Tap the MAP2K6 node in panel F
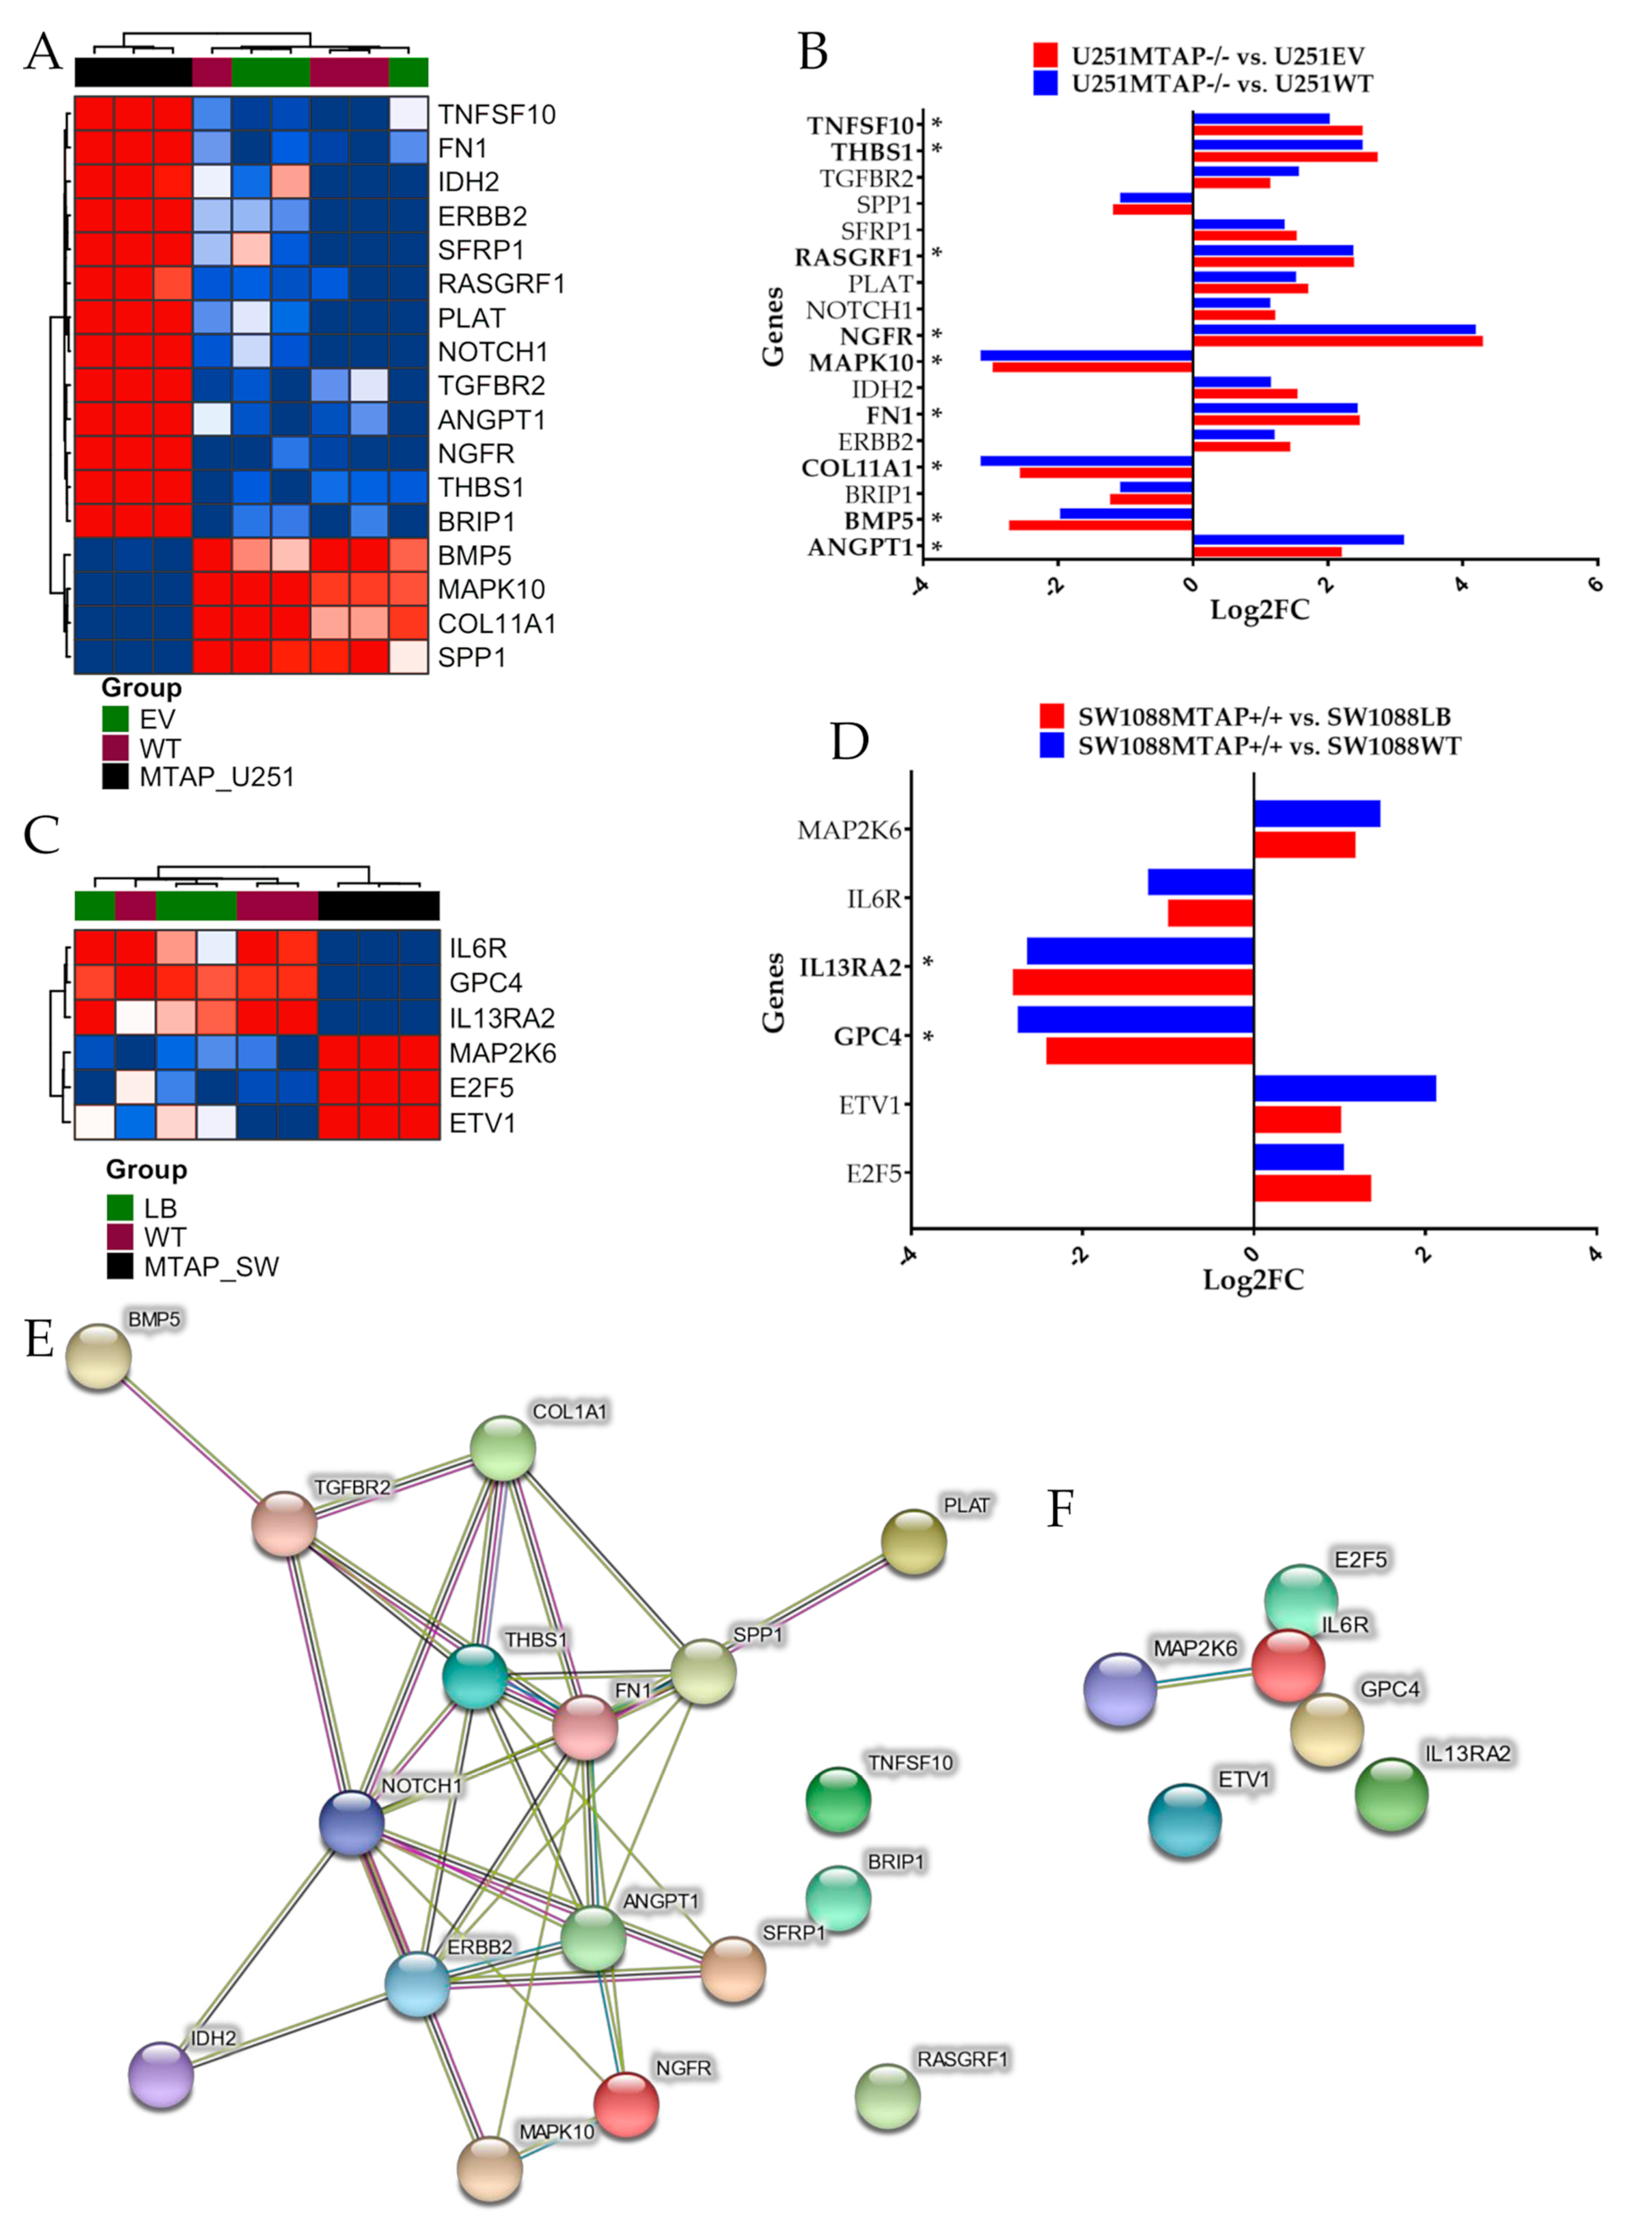pyautogui.click(x=1120, y=1689)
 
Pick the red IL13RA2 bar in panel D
pyautogui.click(x=1132, y=982)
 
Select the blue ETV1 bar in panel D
pyautogui.click(x=1344, y=1088)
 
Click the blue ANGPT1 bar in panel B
pyautogui.click(x=1297, y=539)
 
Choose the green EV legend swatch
pyautogui.click(x=115, y=718)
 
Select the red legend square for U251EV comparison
pyautogui.click(x=1045, y=55)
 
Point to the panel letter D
pyautogui.click(x=850, y=741)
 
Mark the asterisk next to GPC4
pyautogui.click(x=927, y=1036)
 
